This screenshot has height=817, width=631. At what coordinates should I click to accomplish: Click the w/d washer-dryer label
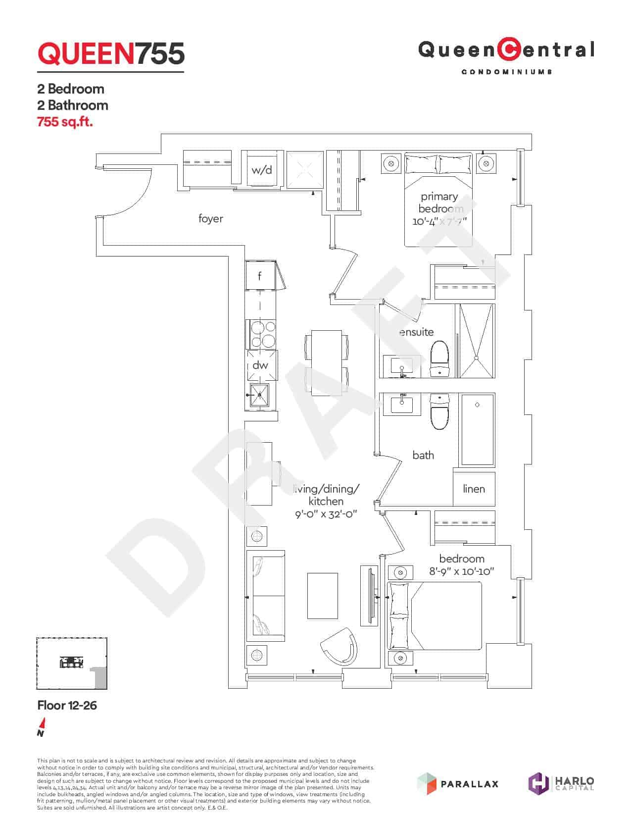[x=262, y=170]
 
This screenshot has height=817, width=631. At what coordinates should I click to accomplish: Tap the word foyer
[x=211, y=218]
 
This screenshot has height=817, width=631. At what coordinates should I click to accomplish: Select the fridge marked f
[x=260, y=276]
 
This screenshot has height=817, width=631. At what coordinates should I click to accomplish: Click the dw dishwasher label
[x=260, y=365]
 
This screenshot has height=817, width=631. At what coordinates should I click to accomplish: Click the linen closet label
[x=474, y=489]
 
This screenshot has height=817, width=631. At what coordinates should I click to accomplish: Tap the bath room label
[x=423, y=455]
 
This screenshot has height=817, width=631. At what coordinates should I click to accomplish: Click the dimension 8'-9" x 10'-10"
[x=462, y=571]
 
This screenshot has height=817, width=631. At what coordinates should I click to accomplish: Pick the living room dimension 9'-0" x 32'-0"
[x=326, y=514]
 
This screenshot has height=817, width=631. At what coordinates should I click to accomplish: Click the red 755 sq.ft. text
[x=65, y=121]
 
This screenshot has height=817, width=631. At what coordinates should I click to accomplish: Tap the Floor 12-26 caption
[x=67, y=705]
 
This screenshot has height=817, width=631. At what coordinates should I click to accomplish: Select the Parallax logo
[x=458, y=783]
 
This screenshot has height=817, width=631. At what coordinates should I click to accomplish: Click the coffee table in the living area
[x=323, y=596]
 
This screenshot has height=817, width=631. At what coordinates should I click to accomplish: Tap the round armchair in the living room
[x=340, y=647]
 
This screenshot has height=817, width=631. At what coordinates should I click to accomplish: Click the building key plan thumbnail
[x=72, y=664]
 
